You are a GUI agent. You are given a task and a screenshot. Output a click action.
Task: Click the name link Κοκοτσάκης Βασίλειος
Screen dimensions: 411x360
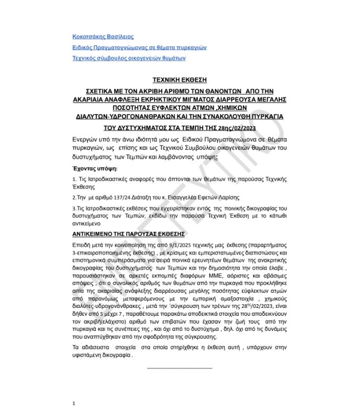103,37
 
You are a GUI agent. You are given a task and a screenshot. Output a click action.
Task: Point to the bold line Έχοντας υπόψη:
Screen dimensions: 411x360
95,169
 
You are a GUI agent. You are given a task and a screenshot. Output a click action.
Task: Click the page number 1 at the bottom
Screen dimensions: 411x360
74,403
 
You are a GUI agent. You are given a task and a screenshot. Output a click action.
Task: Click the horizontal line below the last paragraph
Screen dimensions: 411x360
179,368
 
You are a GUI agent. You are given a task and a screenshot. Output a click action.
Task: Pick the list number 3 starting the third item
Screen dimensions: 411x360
74,209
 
